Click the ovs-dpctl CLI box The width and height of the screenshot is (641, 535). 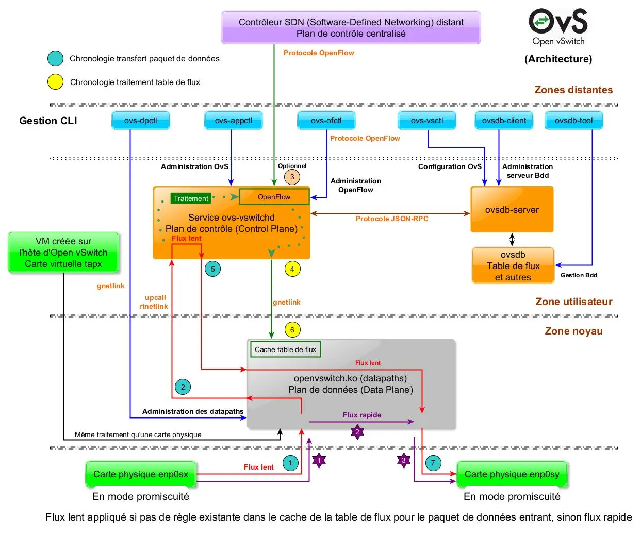click(x=141, y=121)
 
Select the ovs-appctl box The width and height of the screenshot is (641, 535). click(x=234, y=121)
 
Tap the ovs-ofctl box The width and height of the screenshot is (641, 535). click(x=326, y=121)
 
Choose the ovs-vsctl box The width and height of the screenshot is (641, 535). click(x=427, y=121)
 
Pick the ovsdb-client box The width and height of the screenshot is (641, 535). click(x=504, y=121)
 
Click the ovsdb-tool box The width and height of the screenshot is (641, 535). click(x=573, y=121)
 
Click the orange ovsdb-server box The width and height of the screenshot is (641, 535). click(x=512, y=210)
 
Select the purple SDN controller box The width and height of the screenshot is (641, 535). click(x=351, y=28)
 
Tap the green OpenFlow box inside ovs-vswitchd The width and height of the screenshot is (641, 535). click(x=274, y=197)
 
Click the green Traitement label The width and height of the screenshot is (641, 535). click(x=191, y=198)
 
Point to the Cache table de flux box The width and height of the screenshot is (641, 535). click(x=285, y=349)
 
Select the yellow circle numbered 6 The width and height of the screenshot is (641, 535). click(x=292, y=330)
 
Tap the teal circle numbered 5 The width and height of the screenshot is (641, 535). click(x=212, y=269)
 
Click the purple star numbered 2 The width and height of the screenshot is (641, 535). click(x=357, y=432)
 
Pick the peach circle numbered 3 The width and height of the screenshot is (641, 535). click(x=292, y=177)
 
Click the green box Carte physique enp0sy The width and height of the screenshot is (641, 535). click(x=512, y=474)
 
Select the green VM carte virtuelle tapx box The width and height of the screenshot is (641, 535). click(x=63, y=253)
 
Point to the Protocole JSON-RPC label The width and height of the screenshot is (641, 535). click(x=392, y=219)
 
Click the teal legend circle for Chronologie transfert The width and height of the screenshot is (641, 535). click(x=55, y=59)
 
